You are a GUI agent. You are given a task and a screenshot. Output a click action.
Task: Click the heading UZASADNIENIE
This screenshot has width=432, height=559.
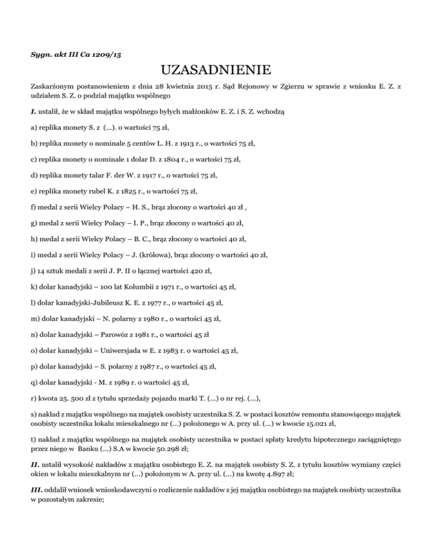[216, 72]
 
